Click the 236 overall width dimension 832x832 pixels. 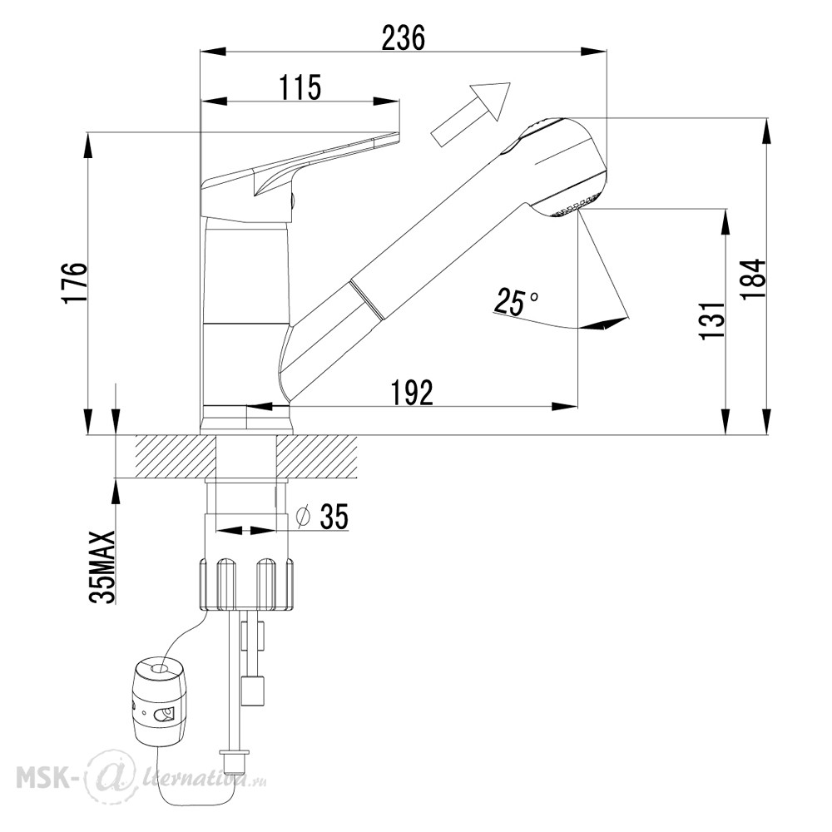(x=404, y=38)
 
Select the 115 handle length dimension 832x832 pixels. (x=301, y=87)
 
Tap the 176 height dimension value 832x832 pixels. (x=74, y=282)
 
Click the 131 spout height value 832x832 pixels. (x=712, y=320)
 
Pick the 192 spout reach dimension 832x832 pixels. (x=412, y=393)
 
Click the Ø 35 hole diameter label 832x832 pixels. (x=323, y=517)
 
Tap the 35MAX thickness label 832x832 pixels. (x=102, y=567)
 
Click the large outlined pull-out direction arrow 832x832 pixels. (x=471, y=113)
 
